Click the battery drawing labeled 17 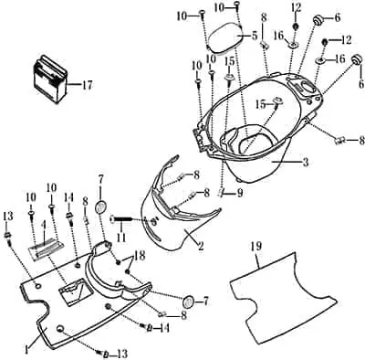[49, 79]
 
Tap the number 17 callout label [87, 85]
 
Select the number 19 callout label [255, 247]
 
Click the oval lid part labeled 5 [225, 38]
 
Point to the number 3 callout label [306, 162]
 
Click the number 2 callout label [201, 246]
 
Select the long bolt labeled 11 [121, 219]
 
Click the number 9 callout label [240, 194]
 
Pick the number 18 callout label [141, 255]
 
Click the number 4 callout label [44, 226]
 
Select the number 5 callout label [255, 36]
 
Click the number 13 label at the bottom [120, 354]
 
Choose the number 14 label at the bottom [163, 328]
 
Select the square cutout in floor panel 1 [76, 291]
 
